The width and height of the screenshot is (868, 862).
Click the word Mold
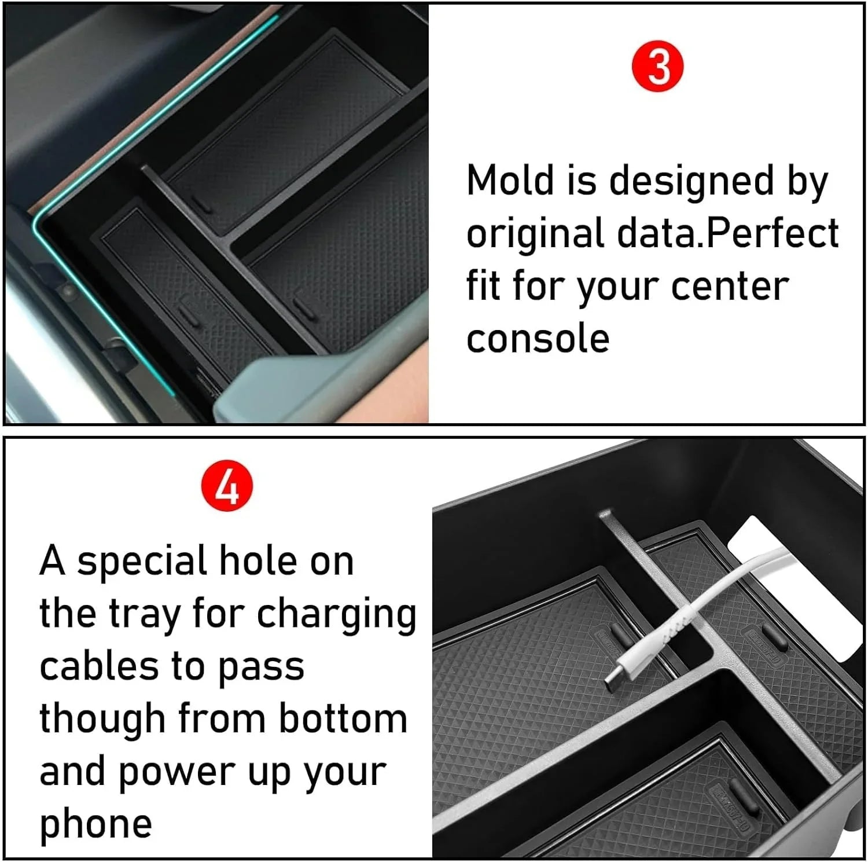(510, 180)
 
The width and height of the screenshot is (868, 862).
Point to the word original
(535, 234)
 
